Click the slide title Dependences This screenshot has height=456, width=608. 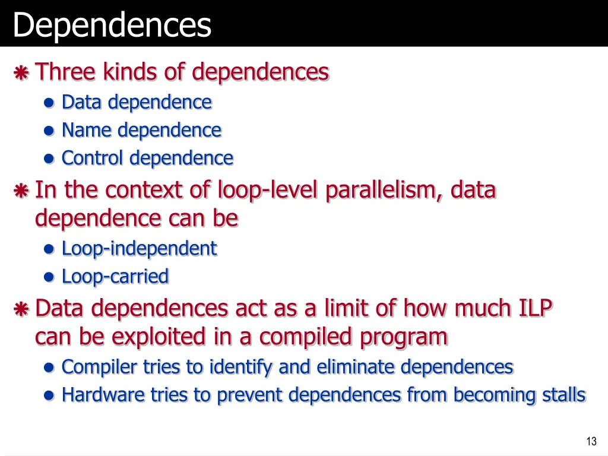pos(112,25)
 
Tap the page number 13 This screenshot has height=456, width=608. pos(591,441)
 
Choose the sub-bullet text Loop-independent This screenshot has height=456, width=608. pos(139,248)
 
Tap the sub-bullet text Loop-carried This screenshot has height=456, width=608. pos(115,277)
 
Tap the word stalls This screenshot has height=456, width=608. pos(564,395)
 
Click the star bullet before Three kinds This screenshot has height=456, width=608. pos(21,74)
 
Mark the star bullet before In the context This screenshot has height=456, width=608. pos(21,192)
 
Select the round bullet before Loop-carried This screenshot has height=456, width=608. pos(50,277)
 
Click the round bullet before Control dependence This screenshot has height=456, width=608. pos(50,159)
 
